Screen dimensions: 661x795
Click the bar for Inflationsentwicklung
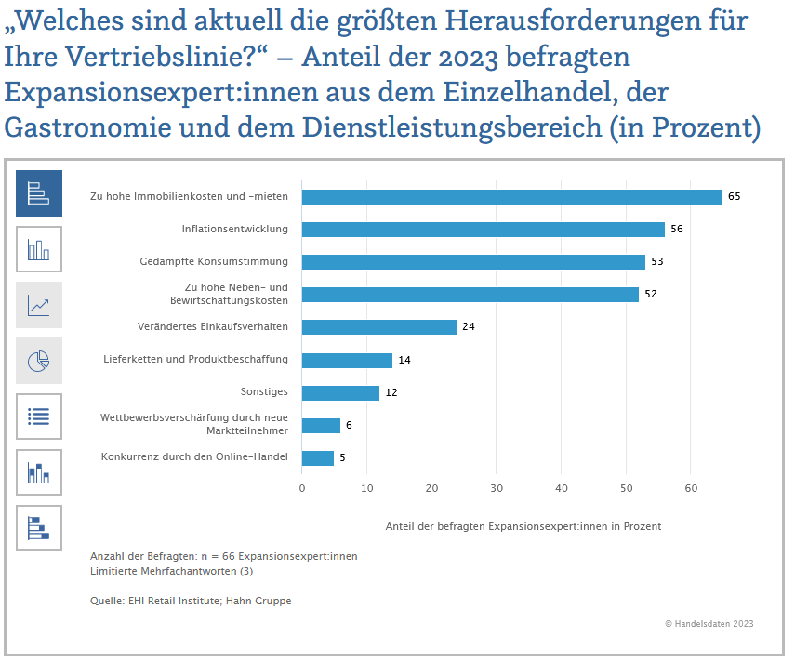(x=484, y=230)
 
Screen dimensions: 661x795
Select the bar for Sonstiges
(x=340, y=392)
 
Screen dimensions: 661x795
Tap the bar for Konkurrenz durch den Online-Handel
(x=318, y=457)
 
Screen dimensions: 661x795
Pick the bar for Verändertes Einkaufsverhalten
(x=379, y=327)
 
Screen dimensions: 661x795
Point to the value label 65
(x=735, y=197)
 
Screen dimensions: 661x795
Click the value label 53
(x=656, y=262)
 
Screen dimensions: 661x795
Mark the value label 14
(x=404, y=360)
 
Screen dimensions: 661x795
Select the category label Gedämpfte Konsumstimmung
(x=214, y=261)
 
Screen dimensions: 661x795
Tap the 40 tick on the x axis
(x=561, y=488)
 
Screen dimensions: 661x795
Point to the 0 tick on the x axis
(x=302, y=488)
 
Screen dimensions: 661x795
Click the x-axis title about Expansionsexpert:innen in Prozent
(x=523, y=526)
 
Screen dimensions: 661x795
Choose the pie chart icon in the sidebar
(x=39, y=361)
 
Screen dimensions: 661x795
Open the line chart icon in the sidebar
(x=39, y=305)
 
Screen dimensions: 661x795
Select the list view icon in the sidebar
(x=39, y=416)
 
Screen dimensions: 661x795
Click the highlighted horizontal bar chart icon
(x=39, y=193)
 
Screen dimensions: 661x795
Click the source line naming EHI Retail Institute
(x=191, y=602)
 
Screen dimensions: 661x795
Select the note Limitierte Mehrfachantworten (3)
(x=171, y=571)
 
